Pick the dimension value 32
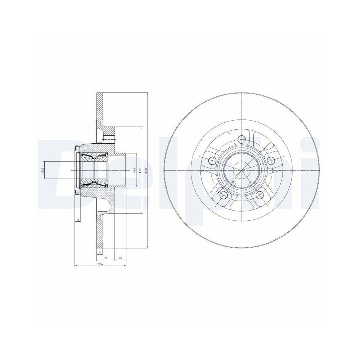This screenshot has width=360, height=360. click(105, 258)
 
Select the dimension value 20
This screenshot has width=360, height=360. click(120, 258)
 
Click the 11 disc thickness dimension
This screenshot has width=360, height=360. click(100, 253)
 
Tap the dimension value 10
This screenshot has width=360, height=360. click(77, 219)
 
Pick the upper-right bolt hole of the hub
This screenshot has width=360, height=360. click(271, 160)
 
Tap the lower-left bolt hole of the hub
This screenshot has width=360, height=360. click(224, 195)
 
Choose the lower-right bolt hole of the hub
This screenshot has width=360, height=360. click(259, 195)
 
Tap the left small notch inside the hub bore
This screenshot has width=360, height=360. click(233, 185)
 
